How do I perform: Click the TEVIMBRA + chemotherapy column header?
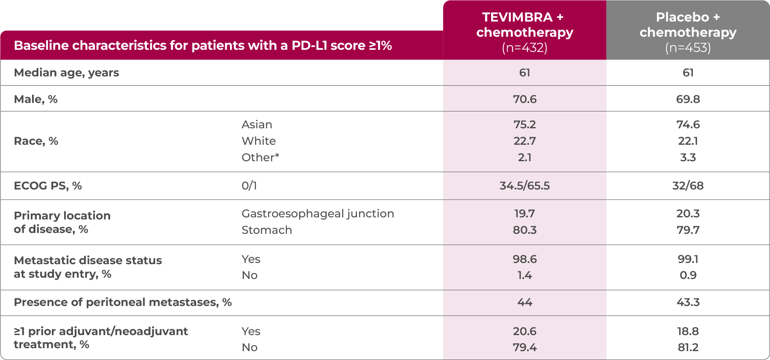pos(524,32)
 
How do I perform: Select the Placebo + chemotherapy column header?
pos(688,32)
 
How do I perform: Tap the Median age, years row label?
pos(67,73)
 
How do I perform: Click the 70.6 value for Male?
pos(524,99)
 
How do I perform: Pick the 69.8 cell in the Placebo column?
pos(688,99)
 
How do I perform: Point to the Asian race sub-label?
pos(257,125)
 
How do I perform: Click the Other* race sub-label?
pos(260,157)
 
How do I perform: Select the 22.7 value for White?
pos(524,141)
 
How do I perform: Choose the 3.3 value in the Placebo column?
pos(688,157)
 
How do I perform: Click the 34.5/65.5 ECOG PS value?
pos(524,186)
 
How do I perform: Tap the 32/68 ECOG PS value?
pos(688,186)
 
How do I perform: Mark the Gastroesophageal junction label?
pos(317,214)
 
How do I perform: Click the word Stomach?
pos(266,230)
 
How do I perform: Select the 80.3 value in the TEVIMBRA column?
pos(524,230)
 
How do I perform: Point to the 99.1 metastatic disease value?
pos(688,259)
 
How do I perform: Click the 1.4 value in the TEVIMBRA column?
pos(524,275)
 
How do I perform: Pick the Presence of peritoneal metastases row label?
pos(122,302)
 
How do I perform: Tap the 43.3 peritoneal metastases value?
pos(688,302)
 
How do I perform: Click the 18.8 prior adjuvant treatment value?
pos(688,331)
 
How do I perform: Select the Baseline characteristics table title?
pos(203,46)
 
